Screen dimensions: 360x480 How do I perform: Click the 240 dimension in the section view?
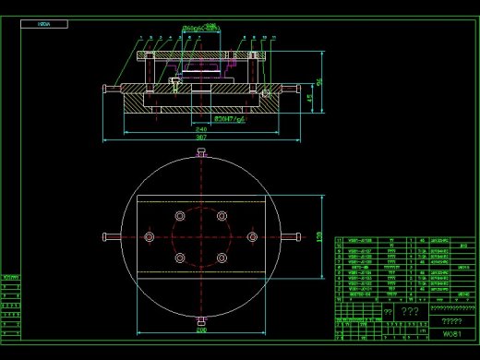(x=201, y=128)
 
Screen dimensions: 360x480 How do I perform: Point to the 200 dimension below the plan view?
(x=201, y=329)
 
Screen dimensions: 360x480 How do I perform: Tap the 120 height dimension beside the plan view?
(x=320, y=236)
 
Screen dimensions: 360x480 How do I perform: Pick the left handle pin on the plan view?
(x=112, y=237)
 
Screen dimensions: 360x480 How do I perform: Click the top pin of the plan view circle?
(x=201, y=150)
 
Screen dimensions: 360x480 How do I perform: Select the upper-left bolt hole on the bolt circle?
(x=180, y=216)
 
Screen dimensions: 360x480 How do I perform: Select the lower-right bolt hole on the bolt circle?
(x=222, y=258)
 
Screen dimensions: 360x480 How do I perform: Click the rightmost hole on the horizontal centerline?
(x=251, y=237)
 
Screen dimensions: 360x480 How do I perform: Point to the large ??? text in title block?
(x=410, y=312)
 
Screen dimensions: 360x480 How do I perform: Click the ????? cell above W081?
(x=451, y=319)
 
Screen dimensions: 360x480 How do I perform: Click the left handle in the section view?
(x=108, y=89)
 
